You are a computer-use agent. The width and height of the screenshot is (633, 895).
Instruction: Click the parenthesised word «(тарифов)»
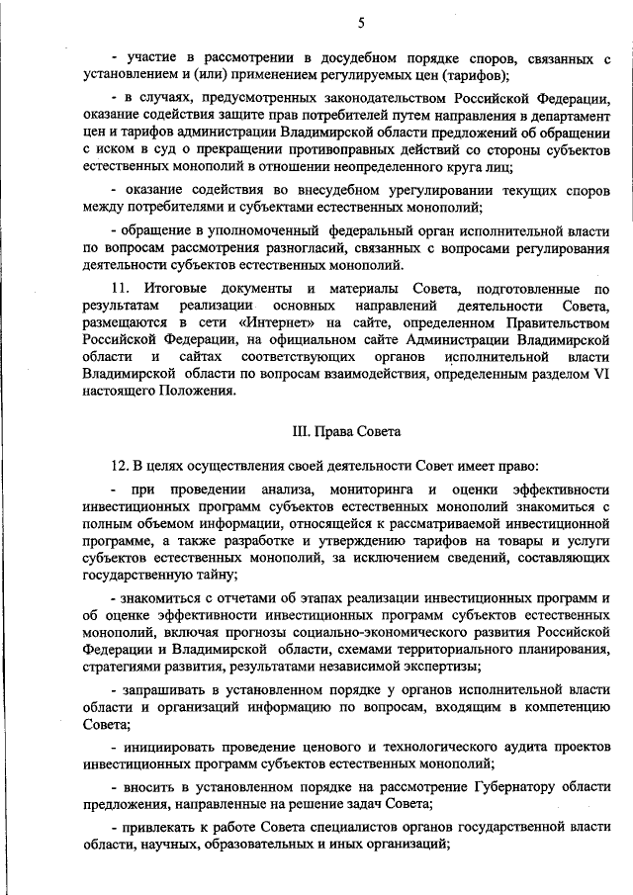pos(469,75)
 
